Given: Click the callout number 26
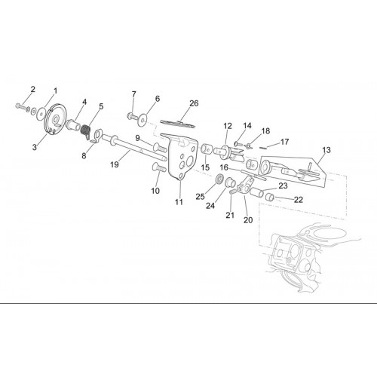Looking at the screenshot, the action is pos(194,103).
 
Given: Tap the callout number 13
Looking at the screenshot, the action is pos(326,150).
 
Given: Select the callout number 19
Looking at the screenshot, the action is pos(115,164).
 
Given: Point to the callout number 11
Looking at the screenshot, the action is pos(179,202).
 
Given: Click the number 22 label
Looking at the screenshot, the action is pos(299,200).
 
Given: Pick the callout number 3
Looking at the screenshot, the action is pos(35,147).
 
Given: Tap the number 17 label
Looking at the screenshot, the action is pos(284,142).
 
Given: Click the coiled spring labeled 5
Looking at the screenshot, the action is pos(86,131).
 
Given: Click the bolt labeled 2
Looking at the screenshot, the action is pos(23,107).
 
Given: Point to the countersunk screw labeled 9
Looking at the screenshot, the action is pos(160,147).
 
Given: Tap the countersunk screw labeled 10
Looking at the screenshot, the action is pos(159,167).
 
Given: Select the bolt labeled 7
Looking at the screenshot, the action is pos(133,116).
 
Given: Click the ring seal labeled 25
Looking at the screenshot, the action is pos(220,178).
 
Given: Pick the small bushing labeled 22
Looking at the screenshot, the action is pos(270,197).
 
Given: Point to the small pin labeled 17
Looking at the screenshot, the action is pos(263,148).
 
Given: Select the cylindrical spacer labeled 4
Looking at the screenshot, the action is pos(73,124).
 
